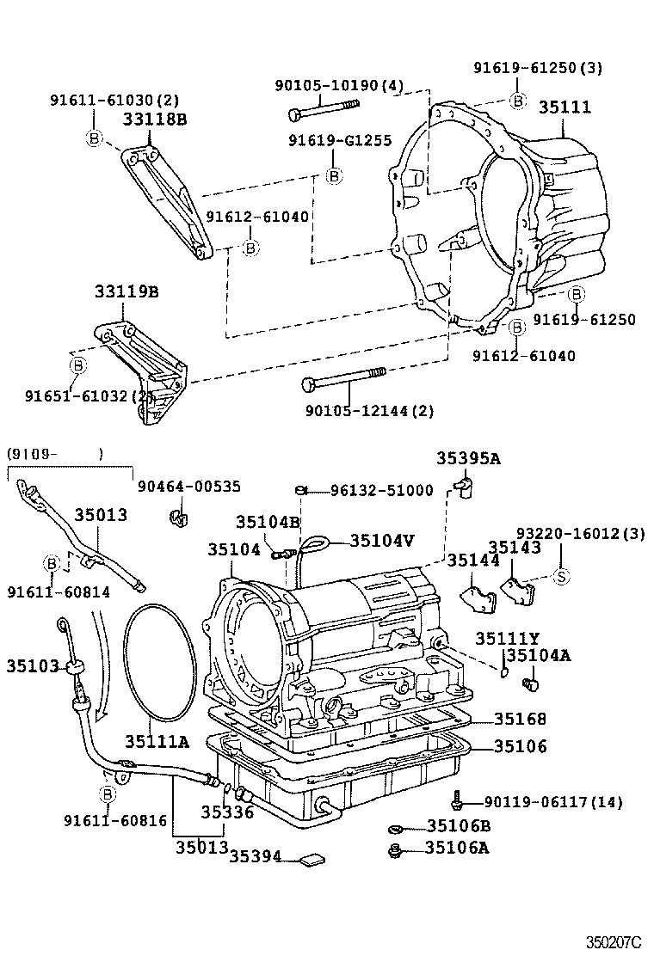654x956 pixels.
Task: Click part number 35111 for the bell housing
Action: (x=565, y=107)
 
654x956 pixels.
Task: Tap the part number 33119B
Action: (x=126, y=292)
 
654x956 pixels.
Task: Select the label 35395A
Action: (x=467, y=459)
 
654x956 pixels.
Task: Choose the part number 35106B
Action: (x=458, y=826)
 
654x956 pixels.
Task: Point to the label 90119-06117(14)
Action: (x=552, y=802)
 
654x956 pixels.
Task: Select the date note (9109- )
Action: (x=55, y=453)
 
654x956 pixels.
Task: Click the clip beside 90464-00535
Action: (x=179, y=518)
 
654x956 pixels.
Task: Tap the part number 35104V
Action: (x=382, y=540)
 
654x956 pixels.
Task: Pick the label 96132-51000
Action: (x=382, y=491)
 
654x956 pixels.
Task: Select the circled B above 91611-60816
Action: (x=108, y=794)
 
